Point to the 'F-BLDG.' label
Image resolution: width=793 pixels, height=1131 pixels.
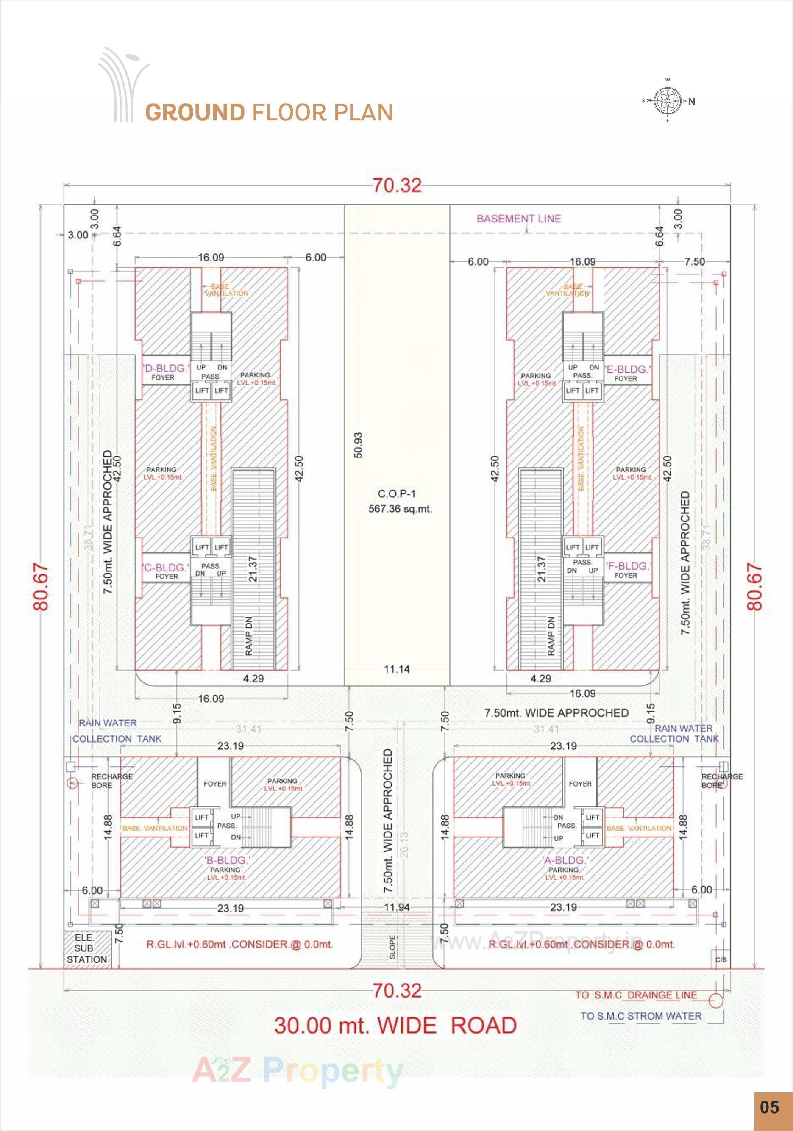(x=627, y=566)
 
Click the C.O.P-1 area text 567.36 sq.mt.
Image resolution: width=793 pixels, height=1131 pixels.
(x=400, y=509)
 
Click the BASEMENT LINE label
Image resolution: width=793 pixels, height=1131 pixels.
(x=518, y=219)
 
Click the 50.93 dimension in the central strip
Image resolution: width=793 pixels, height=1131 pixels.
(x=358, y=445)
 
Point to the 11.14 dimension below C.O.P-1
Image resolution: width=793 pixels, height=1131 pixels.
(x=396, y=669)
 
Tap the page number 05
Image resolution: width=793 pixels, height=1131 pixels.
(x=769, y=1107)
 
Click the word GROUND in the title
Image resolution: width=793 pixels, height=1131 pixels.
(x=195, y=112)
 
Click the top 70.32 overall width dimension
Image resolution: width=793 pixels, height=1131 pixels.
(x=397, y=186)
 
